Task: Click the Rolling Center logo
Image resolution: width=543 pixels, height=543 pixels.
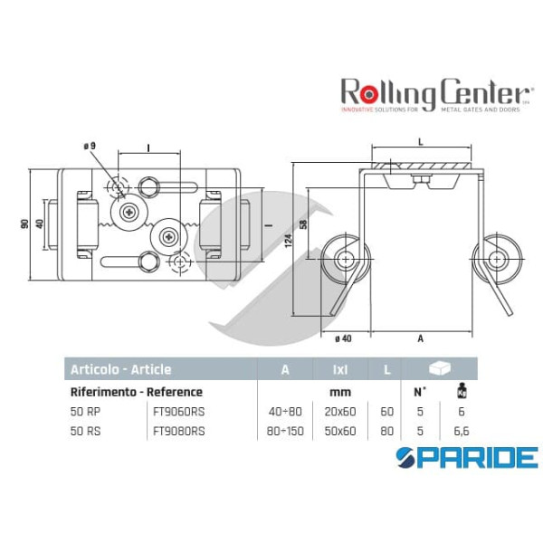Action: pos(434,95)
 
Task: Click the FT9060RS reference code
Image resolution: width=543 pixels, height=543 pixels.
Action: pos(179,412)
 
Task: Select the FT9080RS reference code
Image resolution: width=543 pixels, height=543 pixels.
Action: pos(179,430)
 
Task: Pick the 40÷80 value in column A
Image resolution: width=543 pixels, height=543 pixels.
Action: pos(285,412)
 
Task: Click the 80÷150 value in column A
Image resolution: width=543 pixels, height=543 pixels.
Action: pos(285,430)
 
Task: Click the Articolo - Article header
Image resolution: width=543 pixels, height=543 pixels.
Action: pos(122,369)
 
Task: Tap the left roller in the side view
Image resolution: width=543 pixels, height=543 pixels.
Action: pos(344,259)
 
